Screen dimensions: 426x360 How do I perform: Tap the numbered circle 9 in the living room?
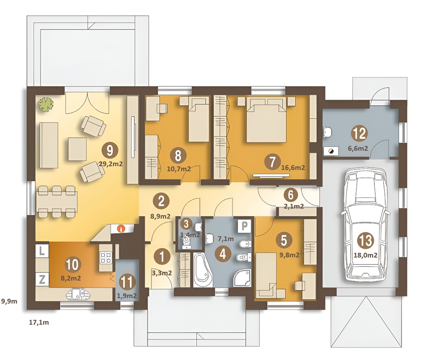[110, 151]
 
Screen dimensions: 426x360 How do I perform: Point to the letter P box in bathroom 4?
[244, 226]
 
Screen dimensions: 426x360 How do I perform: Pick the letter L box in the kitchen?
[42, 251]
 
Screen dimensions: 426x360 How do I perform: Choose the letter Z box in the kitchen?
[42, 279]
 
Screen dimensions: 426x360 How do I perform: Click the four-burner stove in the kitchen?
[106, 257]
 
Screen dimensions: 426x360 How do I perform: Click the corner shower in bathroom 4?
[242, 278]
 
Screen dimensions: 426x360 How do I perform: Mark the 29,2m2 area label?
[111, 164]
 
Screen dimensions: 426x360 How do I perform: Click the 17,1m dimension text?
[39, 322]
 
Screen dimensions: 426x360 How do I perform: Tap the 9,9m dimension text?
[9, 301]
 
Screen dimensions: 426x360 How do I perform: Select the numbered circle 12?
[359, 133]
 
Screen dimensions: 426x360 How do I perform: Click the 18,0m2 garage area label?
[365, 255]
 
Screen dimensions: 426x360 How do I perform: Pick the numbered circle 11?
[127, 282]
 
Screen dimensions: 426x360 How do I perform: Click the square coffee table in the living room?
[78, 149]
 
